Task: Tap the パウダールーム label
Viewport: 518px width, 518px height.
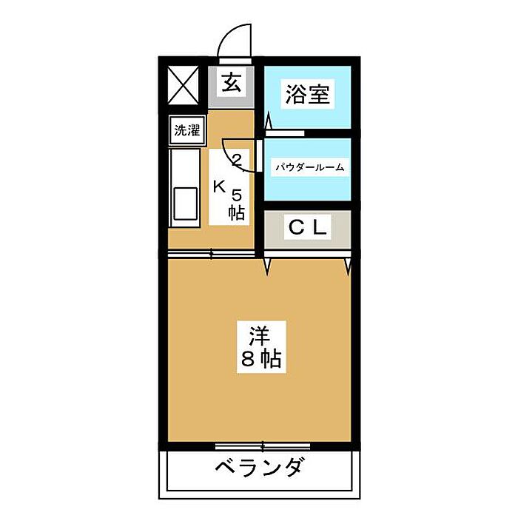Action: (x=309, y=167)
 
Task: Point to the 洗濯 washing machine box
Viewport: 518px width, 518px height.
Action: (x=186, y=131)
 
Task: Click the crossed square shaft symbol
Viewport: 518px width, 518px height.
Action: (x=184, y=83)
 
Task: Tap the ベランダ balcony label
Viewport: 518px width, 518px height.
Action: (x=260, y=468)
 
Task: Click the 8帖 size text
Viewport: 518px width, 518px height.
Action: (x=260, y=360)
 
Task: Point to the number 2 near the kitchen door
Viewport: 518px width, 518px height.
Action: (x=238, y=158)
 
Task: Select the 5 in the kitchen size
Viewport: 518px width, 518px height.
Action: (x=237, y=195)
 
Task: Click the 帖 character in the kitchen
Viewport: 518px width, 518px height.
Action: (x=237, y=213)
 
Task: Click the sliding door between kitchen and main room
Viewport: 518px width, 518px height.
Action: (x=213, y=254)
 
